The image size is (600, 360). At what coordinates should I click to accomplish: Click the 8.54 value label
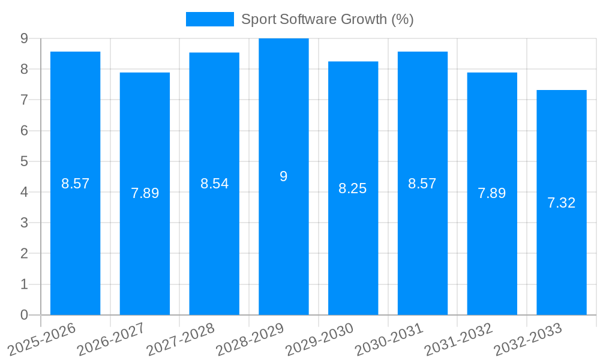[214, 184]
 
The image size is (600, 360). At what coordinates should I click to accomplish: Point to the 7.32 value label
[562, 203]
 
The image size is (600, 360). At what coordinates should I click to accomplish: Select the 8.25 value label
[353, 188]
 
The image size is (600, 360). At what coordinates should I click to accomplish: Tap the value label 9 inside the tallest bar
[284, 176]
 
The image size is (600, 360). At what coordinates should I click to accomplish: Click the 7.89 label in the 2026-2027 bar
[145, 193]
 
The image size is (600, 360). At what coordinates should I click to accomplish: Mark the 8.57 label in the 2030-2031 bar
[422, 184]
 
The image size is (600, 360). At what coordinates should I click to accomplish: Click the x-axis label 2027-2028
[181, 338]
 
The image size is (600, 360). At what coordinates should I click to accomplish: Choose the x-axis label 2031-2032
[458, 338]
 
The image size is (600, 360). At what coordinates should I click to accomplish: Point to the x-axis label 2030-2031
[389, 338]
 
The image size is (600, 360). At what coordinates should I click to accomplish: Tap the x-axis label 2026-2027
[111, 338]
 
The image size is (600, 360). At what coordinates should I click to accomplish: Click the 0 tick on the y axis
[24, 315]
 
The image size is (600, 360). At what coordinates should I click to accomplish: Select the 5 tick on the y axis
[24, 161]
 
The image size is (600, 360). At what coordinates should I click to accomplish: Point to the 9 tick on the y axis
[24, 38]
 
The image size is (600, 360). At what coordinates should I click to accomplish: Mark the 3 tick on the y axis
[24, 223]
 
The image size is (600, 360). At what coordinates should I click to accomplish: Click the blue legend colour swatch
[210, 19]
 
